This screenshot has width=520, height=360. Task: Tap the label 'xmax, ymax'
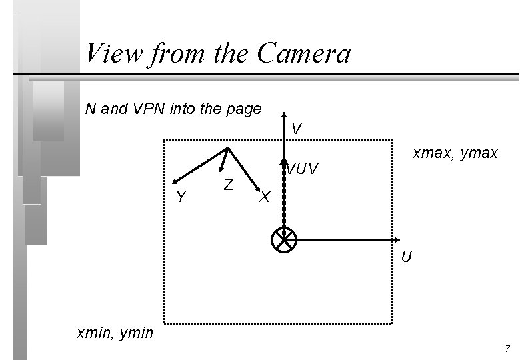[x=455, y=153]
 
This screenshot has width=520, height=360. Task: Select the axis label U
[x=407, y=257]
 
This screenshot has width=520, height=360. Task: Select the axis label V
[x=297, y=128]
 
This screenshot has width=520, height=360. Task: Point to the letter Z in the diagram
[x=228, y=184]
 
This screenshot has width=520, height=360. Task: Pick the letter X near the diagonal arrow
[x=265, y=197]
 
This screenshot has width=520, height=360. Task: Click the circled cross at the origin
[x=284, y=239]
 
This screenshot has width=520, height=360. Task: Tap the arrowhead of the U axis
[x=395, y=239]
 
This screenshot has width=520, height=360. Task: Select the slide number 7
[x=507, y=349]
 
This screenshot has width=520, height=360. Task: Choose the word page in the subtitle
[x=243, y=109]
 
